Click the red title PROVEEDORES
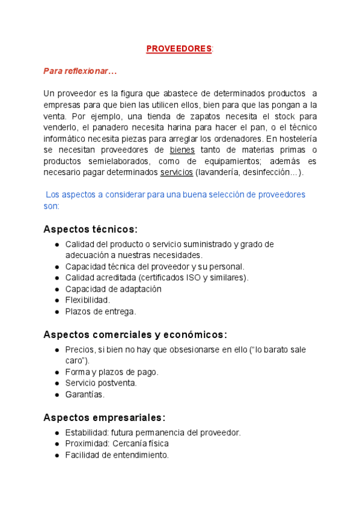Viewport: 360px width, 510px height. click(x=179, y=48)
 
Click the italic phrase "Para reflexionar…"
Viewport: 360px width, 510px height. click(x=80, y=71)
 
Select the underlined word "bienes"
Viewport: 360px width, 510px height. click(x=182, y=150)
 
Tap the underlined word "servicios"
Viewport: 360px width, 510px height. click(x=176, y=173)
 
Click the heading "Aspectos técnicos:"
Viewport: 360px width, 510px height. click(x=91, y=229)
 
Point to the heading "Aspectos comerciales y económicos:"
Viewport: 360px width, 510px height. click(x=135, y=335)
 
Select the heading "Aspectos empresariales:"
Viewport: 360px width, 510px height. click(x=105, y=417)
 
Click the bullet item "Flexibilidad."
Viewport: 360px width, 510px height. click(x=88, y=300)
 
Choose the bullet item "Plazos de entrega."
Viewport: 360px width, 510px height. click(x=100, y=312)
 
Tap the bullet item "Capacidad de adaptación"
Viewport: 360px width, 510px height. click(x=113, y=289)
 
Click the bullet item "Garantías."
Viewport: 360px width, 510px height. click(x=85, y=395)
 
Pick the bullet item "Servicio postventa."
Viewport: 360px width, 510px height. click(x=100, y=383)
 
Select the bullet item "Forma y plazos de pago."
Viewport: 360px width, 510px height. click(x=112, y=372)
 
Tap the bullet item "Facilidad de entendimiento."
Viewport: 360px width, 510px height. click(x=117, y=455)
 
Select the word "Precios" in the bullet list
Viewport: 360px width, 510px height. click(x=79, y=349)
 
